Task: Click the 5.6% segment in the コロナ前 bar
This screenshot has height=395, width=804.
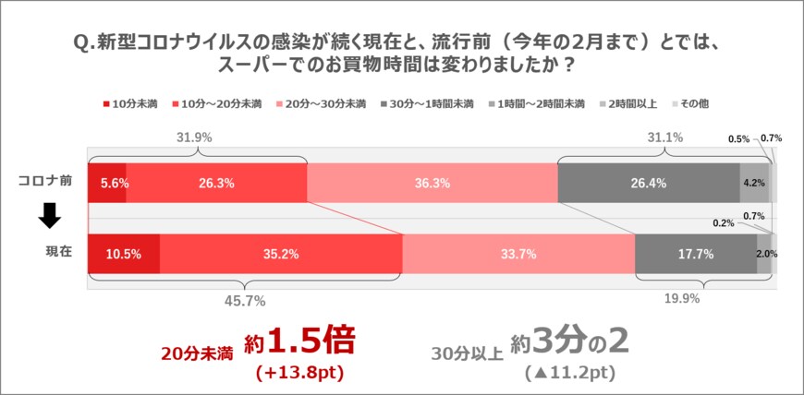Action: tap(107, 183)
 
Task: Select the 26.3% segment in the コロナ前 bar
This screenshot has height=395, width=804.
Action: tap(215, 183)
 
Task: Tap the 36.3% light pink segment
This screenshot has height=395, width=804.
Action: tap(432, 183)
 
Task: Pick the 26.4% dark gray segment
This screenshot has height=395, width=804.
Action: tap(648, 183)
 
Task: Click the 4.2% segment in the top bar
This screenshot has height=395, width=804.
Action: tap(753, 183)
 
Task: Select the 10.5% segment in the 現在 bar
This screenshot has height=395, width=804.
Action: tap(124, 255)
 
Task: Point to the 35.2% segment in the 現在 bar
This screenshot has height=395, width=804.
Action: tap(281, 255)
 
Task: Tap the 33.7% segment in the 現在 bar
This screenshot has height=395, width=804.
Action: tap(518, 255)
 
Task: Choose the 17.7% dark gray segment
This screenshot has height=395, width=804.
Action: tap(695, 255)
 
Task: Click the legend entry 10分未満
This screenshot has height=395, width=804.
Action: tap(129, 103)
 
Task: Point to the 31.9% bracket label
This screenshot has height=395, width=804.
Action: tap(194, 137)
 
